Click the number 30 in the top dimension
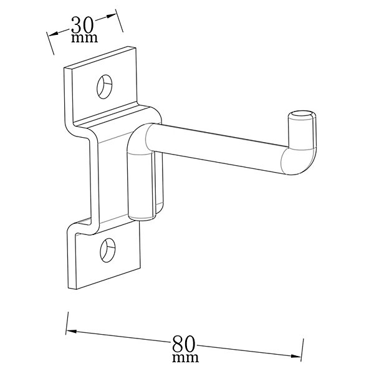pyautogui.click(x=82, y=25)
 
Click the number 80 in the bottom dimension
pyautogui.click(x=184, y=344)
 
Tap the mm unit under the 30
pyautogui.click(x=84, y=38)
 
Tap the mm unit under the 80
pyautogui.click(x=185, y=358)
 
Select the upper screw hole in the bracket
pyautogui.click(x=105, y=87)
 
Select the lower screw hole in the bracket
pyautogui.click(x=108, y=250)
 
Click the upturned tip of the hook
pyautogui.click(x=302, y=130)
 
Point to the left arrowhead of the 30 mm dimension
pyautogui.click(x=54, y=34)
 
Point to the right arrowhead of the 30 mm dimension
pyautogui.click(x=111, y=16)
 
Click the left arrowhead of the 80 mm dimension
pyautogui.click(x=71, y=332)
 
